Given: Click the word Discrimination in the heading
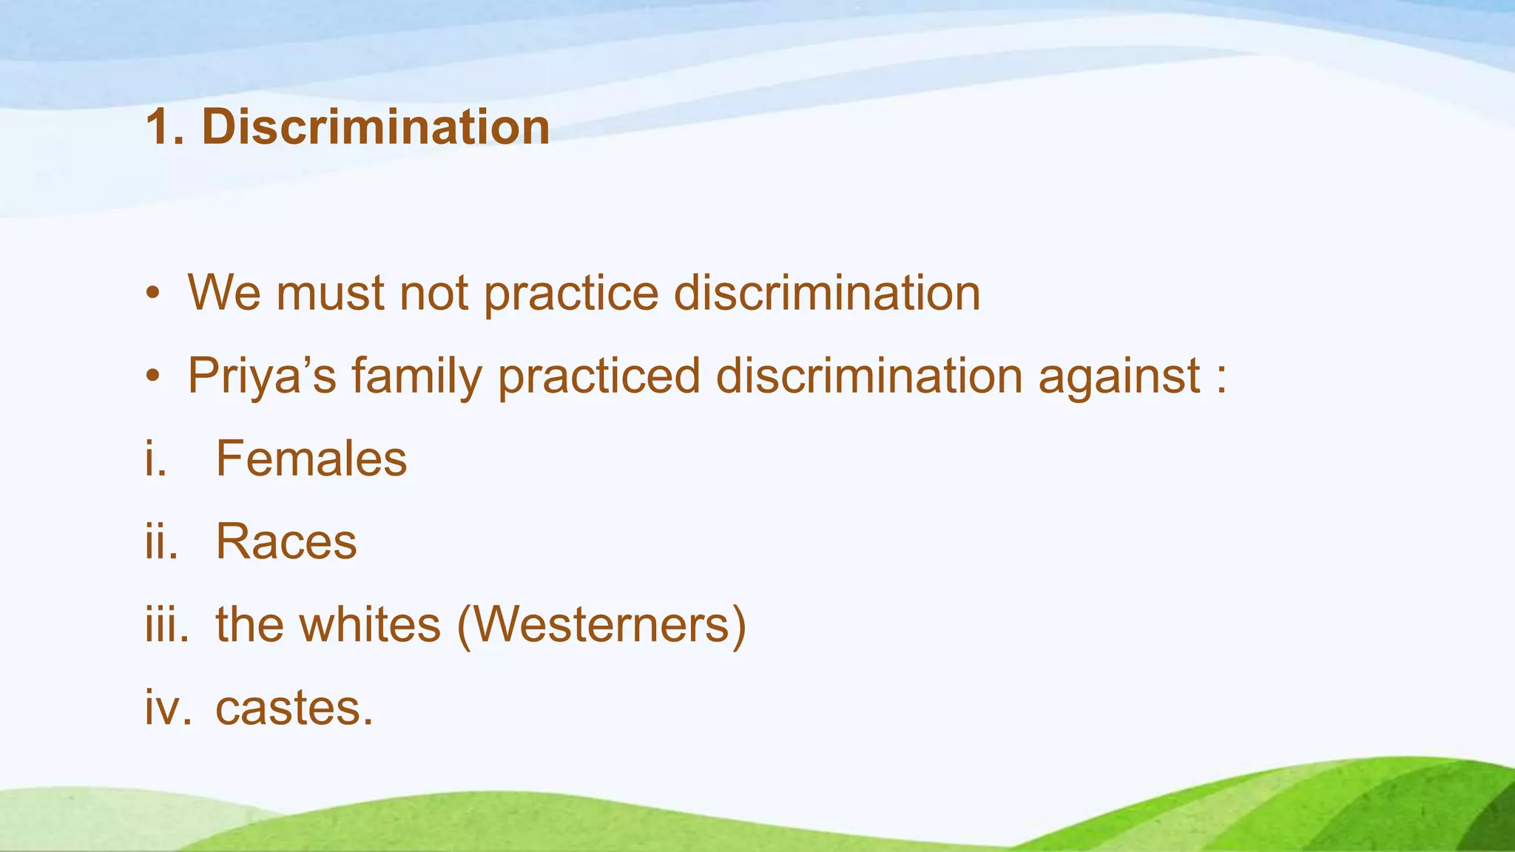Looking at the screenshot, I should tap(376, 127).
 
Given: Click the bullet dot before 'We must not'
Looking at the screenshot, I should tap(152, 294).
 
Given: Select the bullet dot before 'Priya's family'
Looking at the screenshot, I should tap(152, 376).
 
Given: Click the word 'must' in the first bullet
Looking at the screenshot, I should tap(329, 294).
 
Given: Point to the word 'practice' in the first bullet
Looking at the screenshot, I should tap(570, 294).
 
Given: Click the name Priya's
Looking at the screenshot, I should tap(262, 376).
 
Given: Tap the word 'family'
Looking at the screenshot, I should tap(416, 376).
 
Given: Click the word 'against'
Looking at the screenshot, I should tap(1118, 376).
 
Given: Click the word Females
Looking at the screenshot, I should tap(311, 459).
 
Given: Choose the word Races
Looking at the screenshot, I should tap(286, 541).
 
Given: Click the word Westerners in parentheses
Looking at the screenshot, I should tap(601, 624).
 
